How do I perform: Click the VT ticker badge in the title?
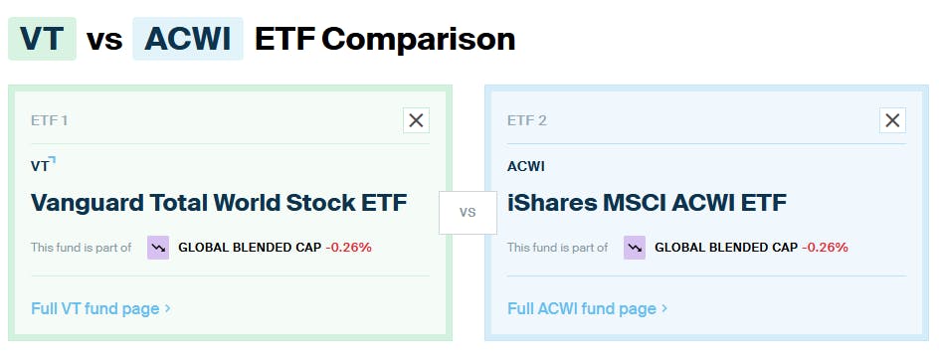[42, 39]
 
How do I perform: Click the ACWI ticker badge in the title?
[187, 39]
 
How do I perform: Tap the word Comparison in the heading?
[418, 39]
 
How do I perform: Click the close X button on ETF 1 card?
[416, 120]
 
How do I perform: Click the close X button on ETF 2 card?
[892, 120]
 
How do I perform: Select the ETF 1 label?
[50, 120]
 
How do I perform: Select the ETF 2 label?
[527, 120]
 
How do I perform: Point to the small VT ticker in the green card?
[41, 166]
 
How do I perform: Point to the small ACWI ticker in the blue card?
[526, 166]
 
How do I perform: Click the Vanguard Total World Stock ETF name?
[219, 203]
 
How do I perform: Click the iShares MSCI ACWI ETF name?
[647, 203]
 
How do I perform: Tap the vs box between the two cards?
[468, 212]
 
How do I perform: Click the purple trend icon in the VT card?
[158, 247]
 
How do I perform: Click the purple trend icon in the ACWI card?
[635, 247]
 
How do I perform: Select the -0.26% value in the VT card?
[348, 247]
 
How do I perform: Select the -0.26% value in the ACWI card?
[825, 247]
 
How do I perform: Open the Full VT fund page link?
[100, 308]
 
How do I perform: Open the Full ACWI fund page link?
[587, 308]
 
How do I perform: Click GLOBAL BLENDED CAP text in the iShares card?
[725, 247]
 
